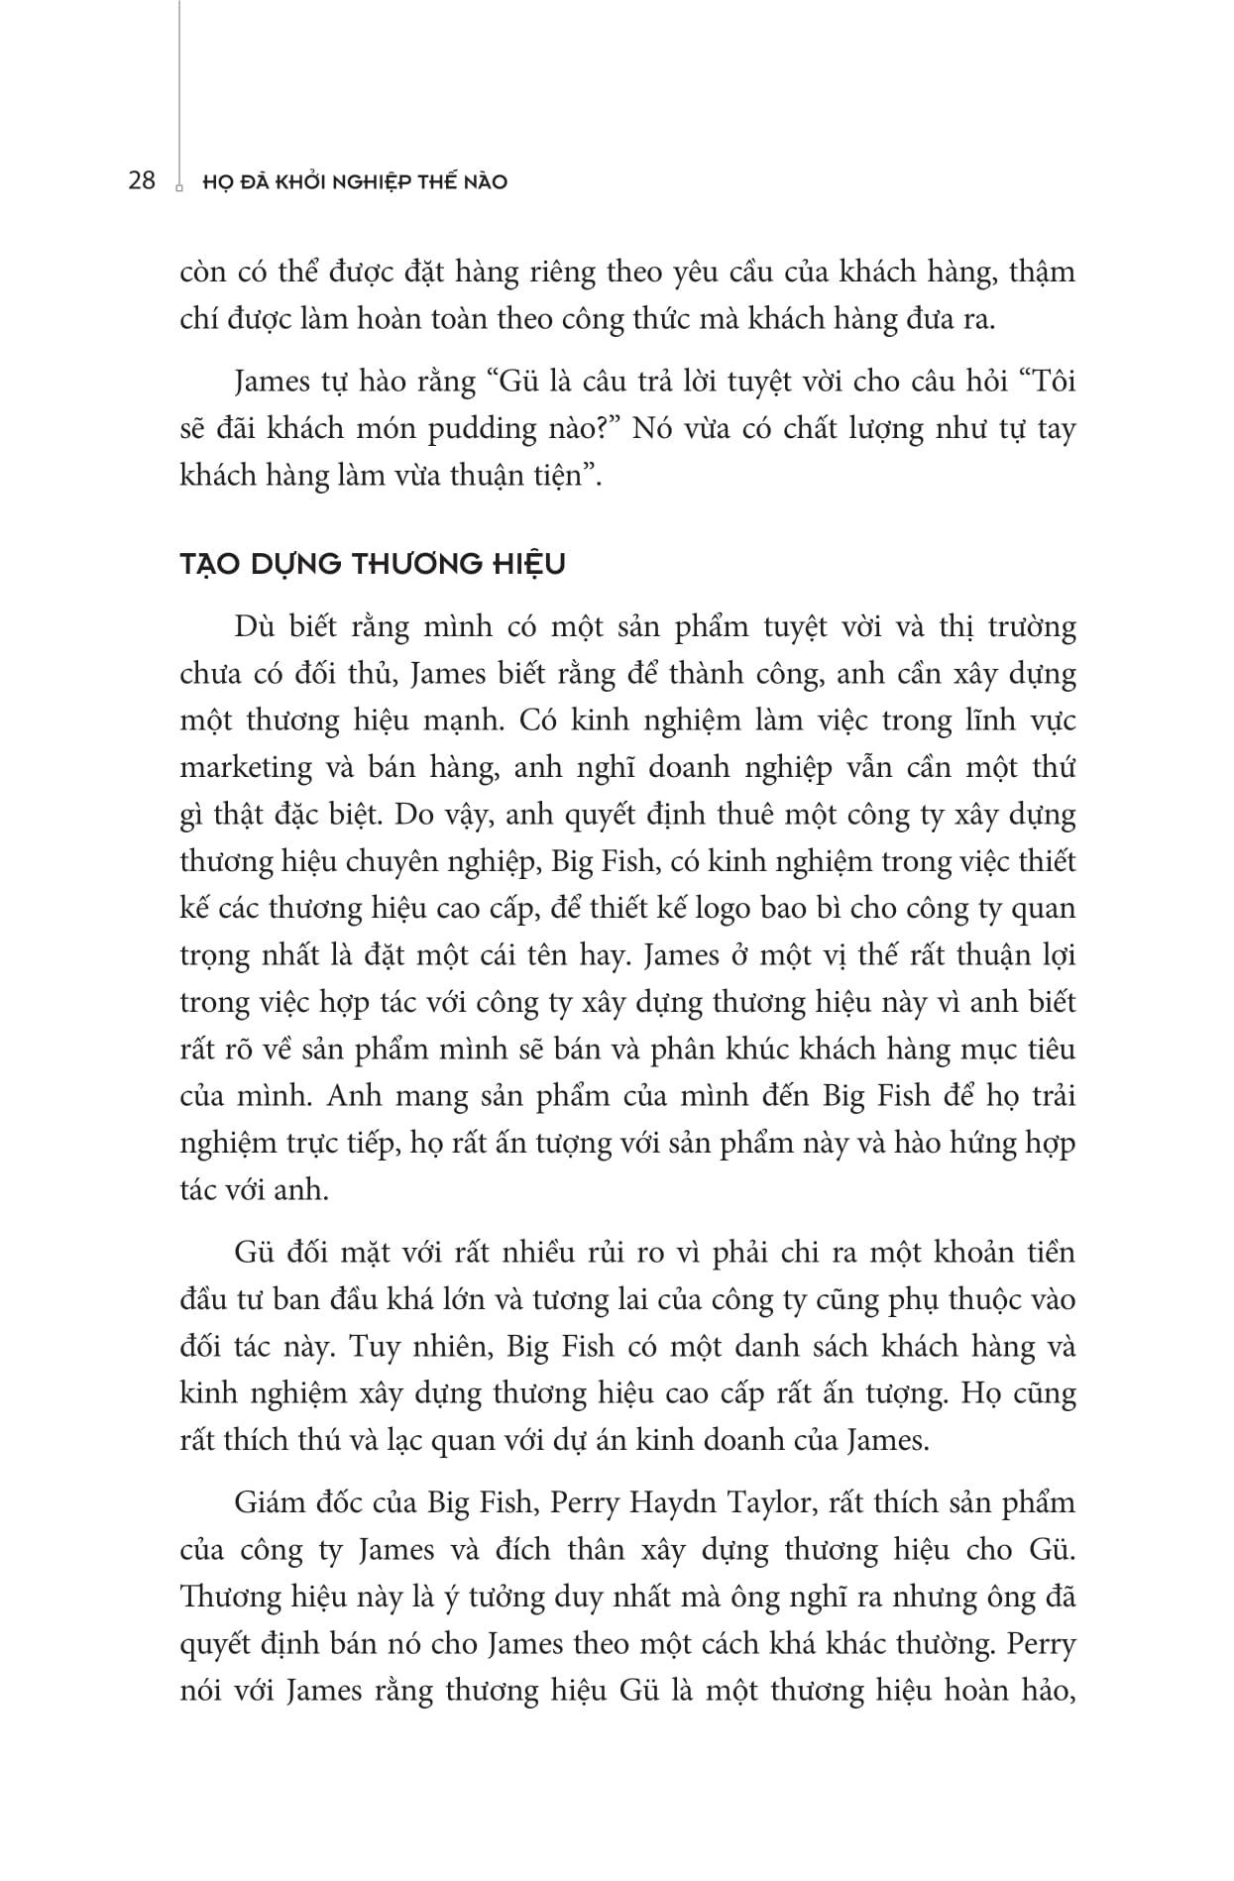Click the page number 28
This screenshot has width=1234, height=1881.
click(x=142, y=181)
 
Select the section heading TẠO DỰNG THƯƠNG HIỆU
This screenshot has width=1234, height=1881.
click(x=373, y=565)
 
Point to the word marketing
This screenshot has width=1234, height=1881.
click(x=246, y=767)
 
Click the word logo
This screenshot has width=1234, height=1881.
click(x=723, y=908)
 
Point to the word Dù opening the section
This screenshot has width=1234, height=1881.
click(x=252, y=627)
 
